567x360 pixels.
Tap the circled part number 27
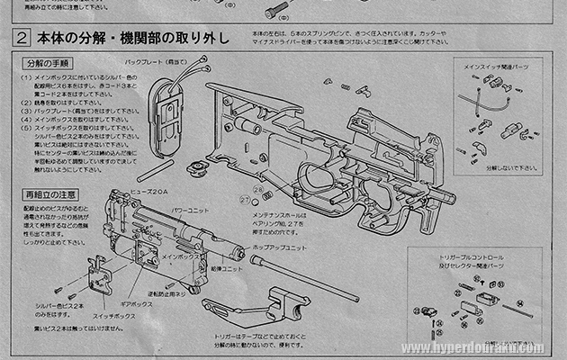click(x=244, y=198)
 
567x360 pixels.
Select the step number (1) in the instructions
click(x=26, y=79)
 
